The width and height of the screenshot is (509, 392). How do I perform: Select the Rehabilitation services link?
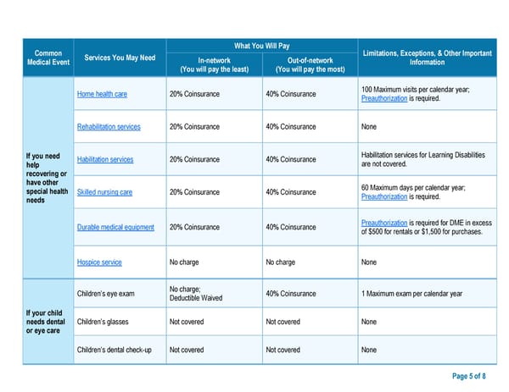pyautogui.click(x=109, y=127)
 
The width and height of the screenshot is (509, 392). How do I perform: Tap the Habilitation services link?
pyautogui.click(x=105, y=160)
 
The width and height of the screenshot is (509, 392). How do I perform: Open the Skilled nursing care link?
pyautogui.click(x=104, y=193)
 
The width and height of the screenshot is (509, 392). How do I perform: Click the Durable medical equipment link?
pyautogui.click(x=115, y=227)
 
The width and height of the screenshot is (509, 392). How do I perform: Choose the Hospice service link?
pyautogui.click(x=99, y=262)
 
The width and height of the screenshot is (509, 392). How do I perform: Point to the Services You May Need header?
pyautogui.click(x=120, y=58)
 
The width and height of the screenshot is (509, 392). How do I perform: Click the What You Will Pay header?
pyautogui.click(x=262, y=46)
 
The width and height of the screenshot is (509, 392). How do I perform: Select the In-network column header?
pyautogui.click(x=214, y=64)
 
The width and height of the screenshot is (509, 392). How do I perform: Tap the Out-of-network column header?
pyautogui.click(x=310, y=64)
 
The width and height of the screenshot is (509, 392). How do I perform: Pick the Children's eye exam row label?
pyautogui.click(x=105, y=294)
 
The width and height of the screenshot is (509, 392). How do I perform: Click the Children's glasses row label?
pyautogui.click(x=103, y=322)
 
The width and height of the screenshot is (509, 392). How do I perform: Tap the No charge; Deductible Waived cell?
pyautogui.click(x=195, y=294)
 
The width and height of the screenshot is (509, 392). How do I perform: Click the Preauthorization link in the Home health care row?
pyautogui.click(x=383, y=100)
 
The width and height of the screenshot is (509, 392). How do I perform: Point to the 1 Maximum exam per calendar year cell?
pyautogui.click(x=411, y=294)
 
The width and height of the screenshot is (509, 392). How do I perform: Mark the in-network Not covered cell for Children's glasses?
pyautogui.click(x=187, y=322)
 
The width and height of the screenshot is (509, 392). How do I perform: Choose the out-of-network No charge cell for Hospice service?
pyautogui.click(x=280, y=262)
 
